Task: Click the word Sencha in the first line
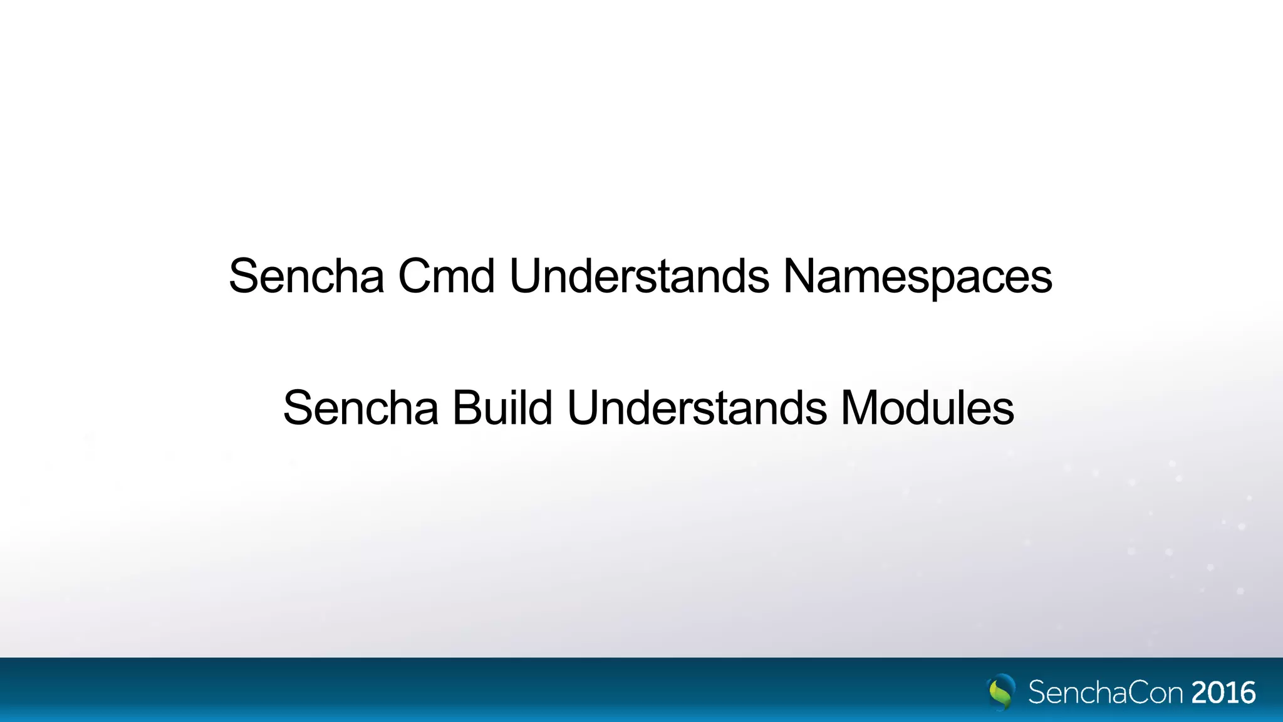(x=306, y=276)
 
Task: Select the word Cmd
(x=446, y=276)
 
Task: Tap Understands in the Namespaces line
(x=639, y=276)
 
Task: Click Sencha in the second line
(x=360, y=408)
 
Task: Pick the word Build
(x=502, y=408)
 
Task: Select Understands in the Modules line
(x=696, y=408)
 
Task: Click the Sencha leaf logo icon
(x=1002, y=692)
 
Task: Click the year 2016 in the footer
(x=1223, y=693)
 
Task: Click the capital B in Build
(x=467, y=408)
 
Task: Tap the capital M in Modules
(x=862, y=408)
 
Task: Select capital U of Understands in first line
(x=527, y=276)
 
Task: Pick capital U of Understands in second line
(x=584, y=408)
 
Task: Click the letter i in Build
(x=524, y=408)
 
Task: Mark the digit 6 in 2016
(x=1247, y=693)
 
